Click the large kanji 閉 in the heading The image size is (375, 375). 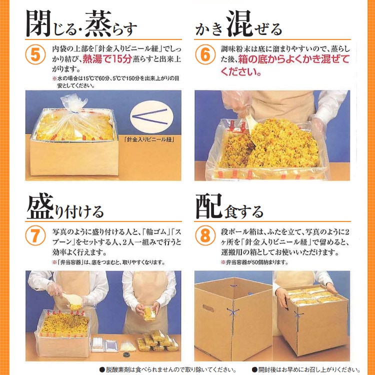click(39, 23)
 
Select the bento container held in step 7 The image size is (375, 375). click(148, 314)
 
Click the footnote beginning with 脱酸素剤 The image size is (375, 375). click(167, 370)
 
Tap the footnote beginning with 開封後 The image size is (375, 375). click(306, 370)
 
